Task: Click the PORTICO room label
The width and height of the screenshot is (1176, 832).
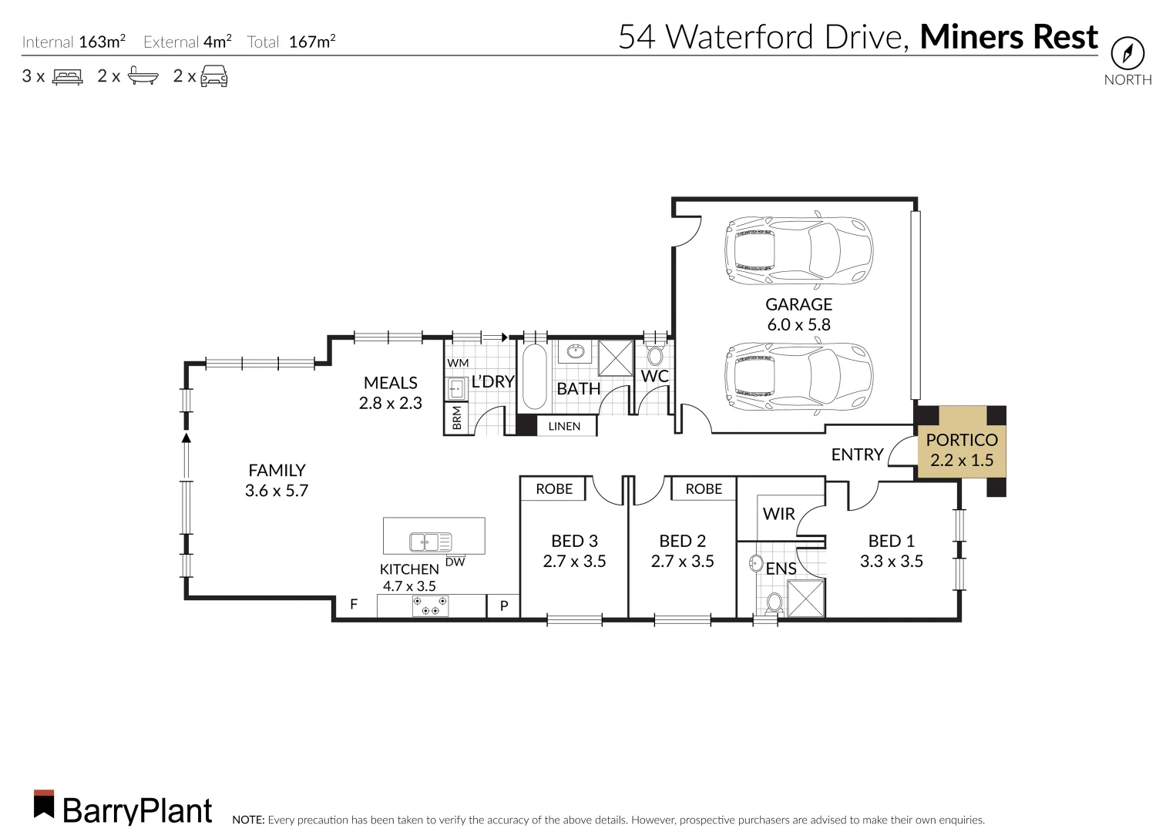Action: pos(962,440)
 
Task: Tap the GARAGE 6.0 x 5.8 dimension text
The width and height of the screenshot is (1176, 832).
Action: pos(798,324)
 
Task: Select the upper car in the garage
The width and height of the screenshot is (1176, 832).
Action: pos(798,250)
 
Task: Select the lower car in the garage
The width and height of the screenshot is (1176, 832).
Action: pos(798,376)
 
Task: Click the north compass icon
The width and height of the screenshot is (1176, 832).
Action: pos(1127,53)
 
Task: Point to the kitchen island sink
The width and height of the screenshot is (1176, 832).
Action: pos(431,542)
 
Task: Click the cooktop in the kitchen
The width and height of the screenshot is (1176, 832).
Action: pos(430,606)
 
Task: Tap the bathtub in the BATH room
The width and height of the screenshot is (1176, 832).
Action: pos(535,376)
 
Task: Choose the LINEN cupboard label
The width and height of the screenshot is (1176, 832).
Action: pos(564,426)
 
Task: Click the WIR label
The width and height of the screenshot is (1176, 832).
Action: pos(778,514)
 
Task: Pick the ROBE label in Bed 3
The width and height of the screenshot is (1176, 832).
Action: pos(554,489)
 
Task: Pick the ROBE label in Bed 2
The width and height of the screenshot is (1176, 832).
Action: pos(704,489)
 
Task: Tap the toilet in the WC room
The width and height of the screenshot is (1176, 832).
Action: pos(655,355)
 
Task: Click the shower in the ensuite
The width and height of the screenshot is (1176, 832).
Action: pos(806,598)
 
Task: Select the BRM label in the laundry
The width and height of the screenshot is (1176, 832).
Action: pos(457,418)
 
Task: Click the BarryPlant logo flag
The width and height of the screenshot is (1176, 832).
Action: pos(44,803)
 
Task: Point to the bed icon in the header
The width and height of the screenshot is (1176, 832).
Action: pos(68,76)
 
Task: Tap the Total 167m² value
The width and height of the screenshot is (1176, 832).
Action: pos(312,42)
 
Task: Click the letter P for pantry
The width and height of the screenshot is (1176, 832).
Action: pos(504,606)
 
